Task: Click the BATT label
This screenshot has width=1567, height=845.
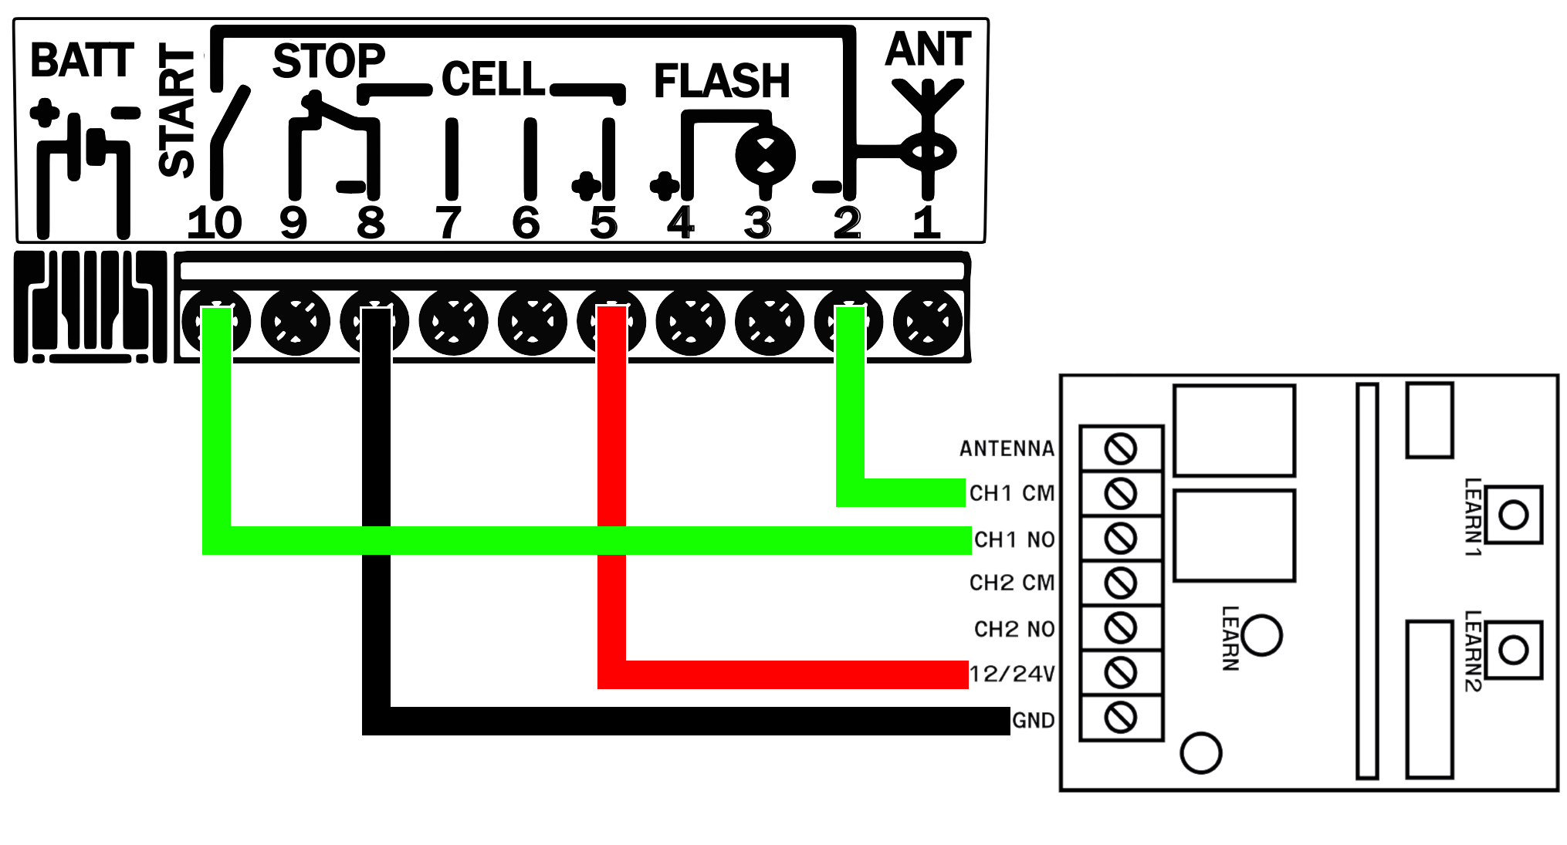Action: pyautogui.click(x=83, y=60)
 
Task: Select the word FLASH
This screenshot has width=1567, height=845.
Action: pyautogui.click(x=722, y=81)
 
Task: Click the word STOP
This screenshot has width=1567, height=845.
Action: pyautogui.click(x=329, y=61)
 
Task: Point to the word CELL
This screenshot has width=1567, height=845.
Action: pyautogui.click(x=493, y=79)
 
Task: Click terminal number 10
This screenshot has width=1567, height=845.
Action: pyautogui.click(x=215, y=223)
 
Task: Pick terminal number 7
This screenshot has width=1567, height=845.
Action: pyautogui.click(x=448, y=223)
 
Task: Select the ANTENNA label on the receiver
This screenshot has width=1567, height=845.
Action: pyautogui.click(x=1007, y=448)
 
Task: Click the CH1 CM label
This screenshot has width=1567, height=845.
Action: pyautogui.click(x=1011, y=493)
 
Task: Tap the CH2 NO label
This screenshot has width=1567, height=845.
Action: pyautogui.click(x=1014, y=629)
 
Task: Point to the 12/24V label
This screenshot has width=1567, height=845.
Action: pyautogui.click(x=1012, y=674)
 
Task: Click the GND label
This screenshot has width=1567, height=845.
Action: pyautogui.click(x=1033, y=720)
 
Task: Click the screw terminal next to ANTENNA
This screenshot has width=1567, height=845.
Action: pyautogui.click(x=1121, y=448)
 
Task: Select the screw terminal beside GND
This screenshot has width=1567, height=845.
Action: pyautogui.click(x=1121, y=718)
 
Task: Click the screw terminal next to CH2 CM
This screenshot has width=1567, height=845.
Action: pyautogui.click(x=1121, y=583)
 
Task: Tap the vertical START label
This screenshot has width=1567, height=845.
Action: pyautogui.click(x=177, y=110)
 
